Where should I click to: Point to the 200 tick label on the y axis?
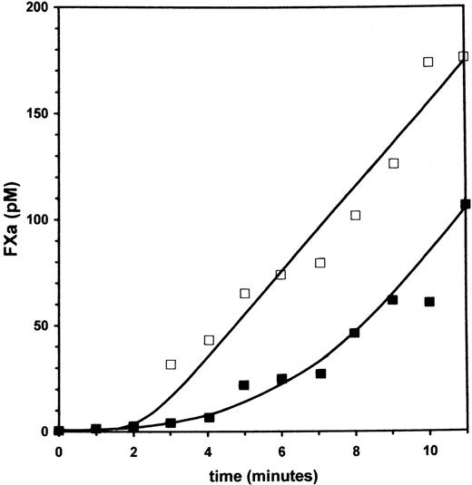tap(33, 9)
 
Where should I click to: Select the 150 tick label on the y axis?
tap(33, 114)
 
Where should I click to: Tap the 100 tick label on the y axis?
tap(33, 220)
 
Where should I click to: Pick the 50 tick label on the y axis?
tap(36, 325)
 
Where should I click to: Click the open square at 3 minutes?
tap(171, 364)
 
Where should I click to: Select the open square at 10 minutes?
tap(428, 63)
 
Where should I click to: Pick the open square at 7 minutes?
tap(320, 263)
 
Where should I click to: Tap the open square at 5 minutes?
tap(245, 294)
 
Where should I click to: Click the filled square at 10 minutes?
tap(429, 302)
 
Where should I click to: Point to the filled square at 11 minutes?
tap(466, 205)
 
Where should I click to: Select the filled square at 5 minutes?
tap(244, 385)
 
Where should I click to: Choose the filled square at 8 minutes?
tap(355, 333)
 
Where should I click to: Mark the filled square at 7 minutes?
tap(320, 373)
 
